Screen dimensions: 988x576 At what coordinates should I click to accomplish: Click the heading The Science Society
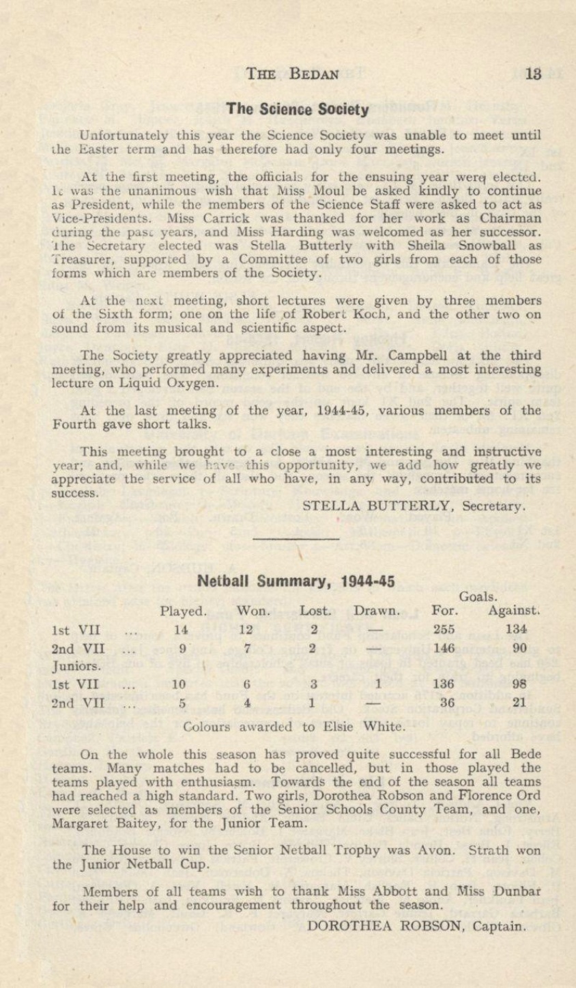(298, 108)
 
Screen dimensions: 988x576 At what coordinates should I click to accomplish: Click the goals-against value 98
(519, 688)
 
